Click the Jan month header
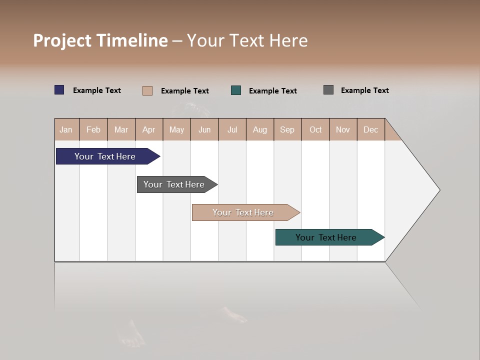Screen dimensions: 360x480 click(66, 129)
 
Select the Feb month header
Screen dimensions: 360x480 click(93, 129)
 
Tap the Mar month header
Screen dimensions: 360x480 click(121, 129)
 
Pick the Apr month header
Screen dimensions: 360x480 click(149, 129)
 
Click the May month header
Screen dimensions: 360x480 click(176, 129)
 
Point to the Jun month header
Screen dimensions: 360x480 click(204, 129)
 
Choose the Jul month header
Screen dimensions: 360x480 click(232, 129)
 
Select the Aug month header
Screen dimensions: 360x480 click(260, 129)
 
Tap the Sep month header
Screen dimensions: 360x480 click(287, 129)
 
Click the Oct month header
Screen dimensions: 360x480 click(315, 129)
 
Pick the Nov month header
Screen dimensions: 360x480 click(343, 129)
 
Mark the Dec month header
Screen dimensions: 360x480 click(371, 129)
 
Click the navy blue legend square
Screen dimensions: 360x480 click(59, 90)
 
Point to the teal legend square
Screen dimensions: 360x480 click(236, 90)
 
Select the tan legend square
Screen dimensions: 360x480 click(147, 90)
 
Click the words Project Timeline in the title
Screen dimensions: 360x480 click(100, 40)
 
